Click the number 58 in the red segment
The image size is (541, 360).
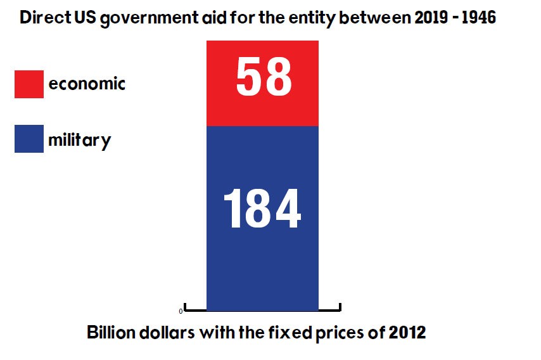[263, 77]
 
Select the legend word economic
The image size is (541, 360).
[87, 84]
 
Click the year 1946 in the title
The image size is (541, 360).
[477, 18]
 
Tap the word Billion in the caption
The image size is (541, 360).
[109, 333]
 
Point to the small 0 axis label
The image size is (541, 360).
[181, 311]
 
